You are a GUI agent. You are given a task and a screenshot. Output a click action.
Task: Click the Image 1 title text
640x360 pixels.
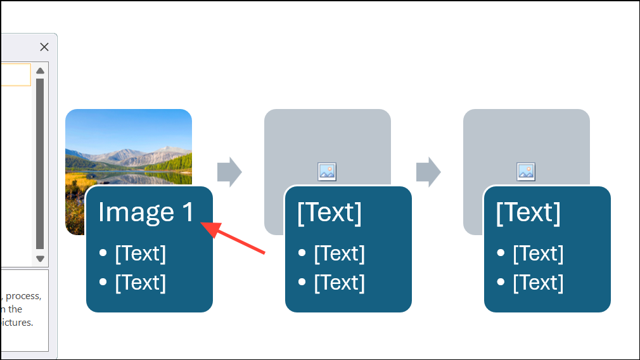[x=146, y=212]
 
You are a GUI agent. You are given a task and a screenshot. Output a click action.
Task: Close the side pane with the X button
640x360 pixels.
[x=44, y=47]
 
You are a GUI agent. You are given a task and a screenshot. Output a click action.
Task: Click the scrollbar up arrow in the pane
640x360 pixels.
[x=40, y=70]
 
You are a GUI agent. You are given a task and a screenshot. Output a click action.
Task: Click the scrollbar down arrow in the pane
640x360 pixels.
[x=40, y=258]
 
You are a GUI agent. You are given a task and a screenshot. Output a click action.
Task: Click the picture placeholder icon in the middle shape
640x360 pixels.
[x=327, y=171]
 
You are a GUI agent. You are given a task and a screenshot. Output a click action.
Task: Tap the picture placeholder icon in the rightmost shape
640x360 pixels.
[x=526, y=171]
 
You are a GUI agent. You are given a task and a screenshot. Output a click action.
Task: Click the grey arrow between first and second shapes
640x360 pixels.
[x=229, y=172]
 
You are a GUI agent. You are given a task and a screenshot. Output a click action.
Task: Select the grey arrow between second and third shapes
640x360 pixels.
[x=428, y=172]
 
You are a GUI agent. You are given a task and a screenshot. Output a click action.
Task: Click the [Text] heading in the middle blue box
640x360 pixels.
[x=330, y=213]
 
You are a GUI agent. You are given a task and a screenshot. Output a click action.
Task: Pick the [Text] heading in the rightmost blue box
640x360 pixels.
[x=528, y=213]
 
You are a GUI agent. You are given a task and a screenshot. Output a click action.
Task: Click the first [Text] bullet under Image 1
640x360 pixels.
[x=141, y=254]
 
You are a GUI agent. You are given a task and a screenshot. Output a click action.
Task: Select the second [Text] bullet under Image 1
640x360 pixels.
[x=141, y=283]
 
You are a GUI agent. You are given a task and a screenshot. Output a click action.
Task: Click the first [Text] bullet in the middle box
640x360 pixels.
[x=340, y=254]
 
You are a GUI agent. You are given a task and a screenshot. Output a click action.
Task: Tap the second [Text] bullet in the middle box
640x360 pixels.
[x=340, y=283]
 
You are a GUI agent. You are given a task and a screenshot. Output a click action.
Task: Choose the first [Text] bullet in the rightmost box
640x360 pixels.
[x=539, y=254]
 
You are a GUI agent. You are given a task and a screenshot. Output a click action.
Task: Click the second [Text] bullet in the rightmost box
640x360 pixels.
[x=539, y=283]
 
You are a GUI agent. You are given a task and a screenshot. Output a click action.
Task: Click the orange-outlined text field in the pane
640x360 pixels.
[x=15, y=74]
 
